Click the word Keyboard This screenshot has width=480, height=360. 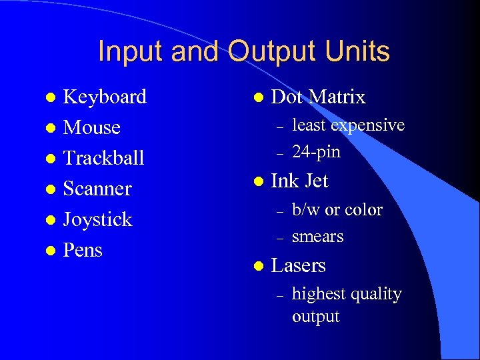coord(105,97)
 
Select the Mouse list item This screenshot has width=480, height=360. coord(91,127)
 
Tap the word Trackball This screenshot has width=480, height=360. coord(103,158)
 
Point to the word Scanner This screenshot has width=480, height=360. coord(97,189)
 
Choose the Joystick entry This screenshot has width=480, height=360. coord(97,219)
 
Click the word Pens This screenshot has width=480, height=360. coord(83,250)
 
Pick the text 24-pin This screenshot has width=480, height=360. coord(316,152)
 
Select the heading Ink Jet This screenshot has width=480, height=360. coord(299,181)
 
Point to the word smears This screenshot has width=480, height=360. coord(317,237)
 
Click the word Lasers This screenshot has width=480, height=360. coord(298,265)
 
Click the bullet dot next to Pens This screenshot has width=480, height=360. coord(49,251)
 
